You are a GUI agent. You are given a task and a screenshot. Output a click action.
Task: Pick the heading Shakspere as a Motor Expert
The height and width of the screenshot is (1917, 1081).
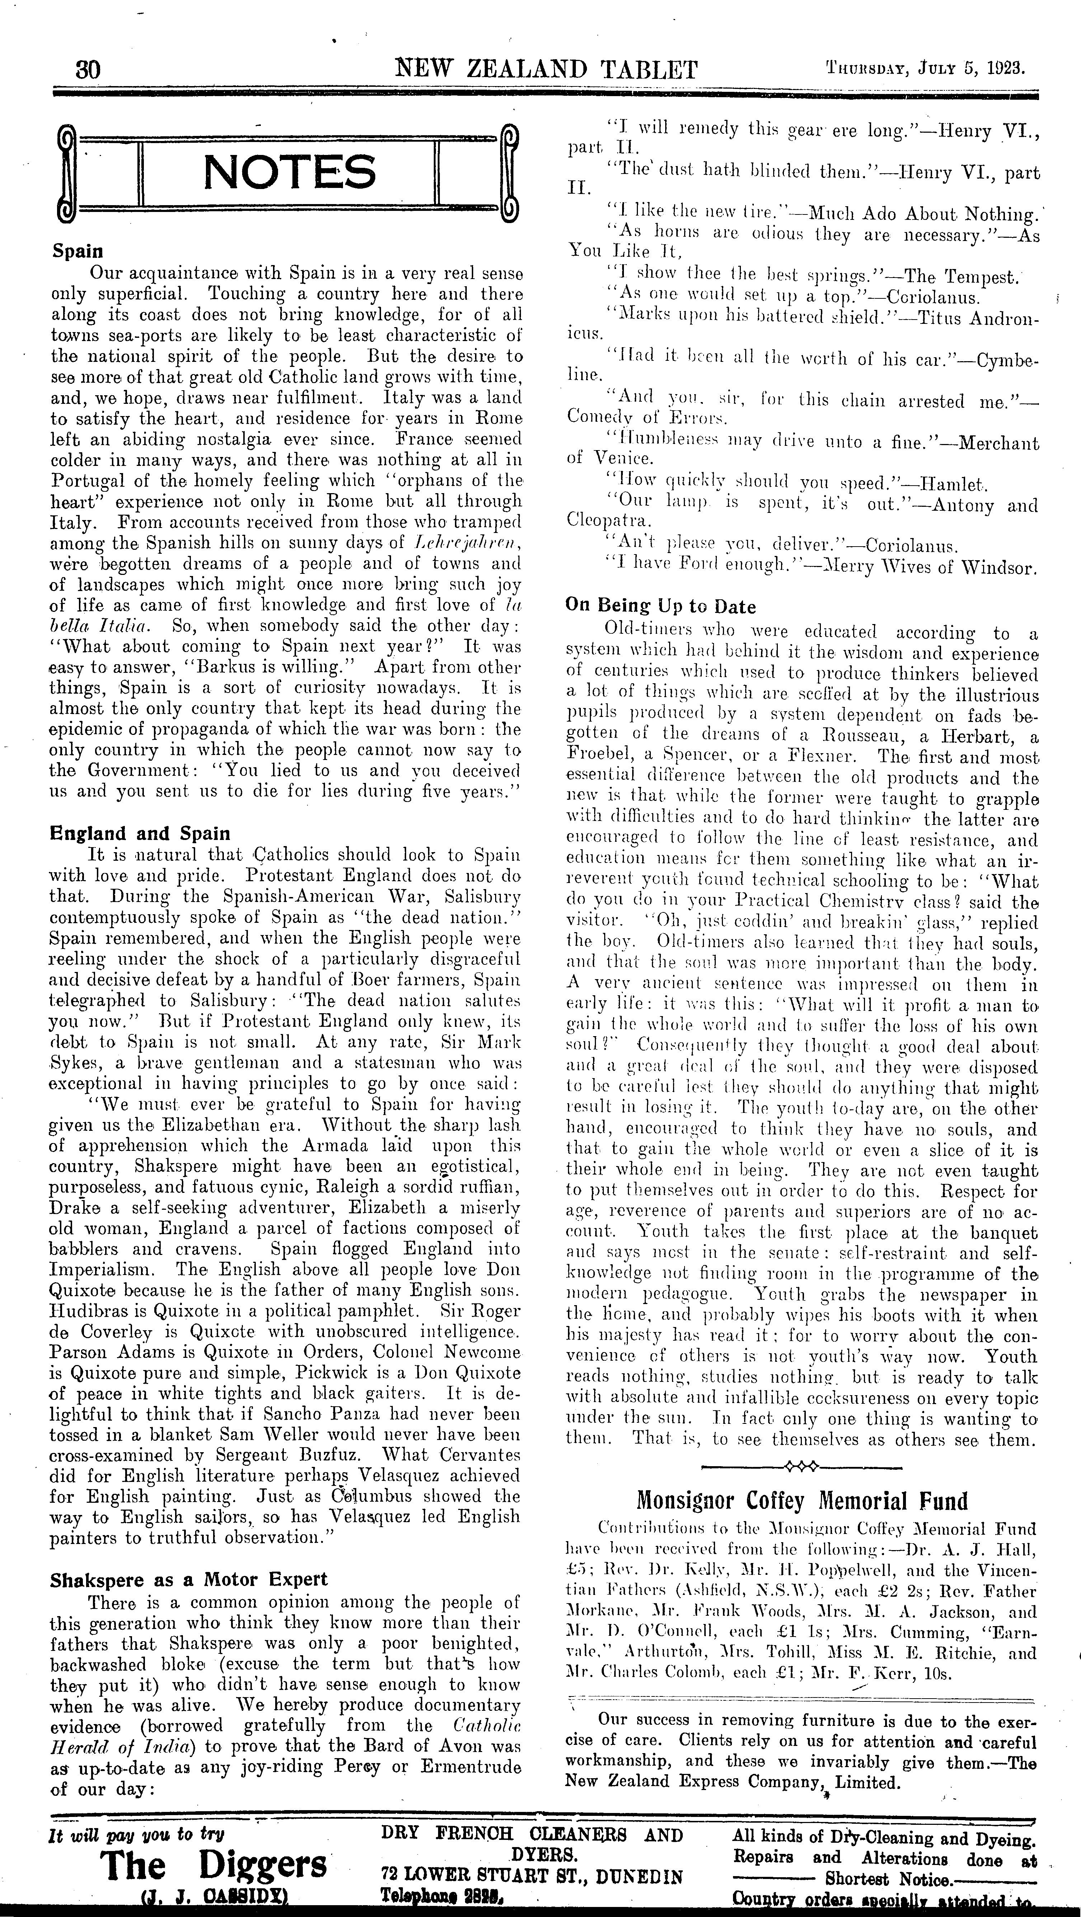click(188, 1579)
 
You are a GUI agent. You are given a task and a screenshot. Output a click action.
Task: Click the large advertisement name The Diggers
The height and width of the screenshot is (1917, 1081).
click(215, 1864)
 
